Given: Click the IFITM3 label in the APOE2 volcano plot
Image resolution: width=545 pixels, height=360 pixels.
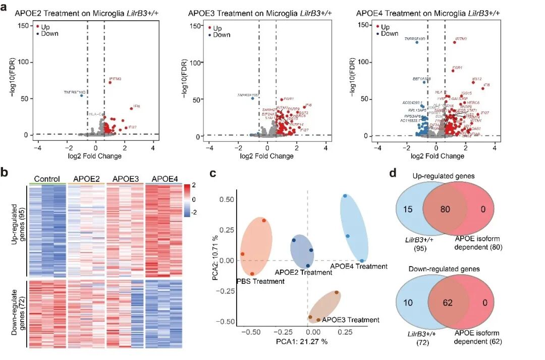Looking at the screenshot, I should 115,79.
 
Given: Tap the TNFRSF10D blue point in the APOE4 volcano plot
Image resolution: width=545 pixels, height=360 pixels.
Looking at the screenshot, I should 417,42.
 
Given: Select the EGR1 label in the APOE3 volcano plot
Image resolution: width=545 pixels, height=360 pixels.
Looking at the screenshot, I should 289,99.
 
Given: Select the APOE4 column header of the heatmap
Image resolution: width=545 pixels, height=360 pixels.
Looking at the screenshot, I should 163,179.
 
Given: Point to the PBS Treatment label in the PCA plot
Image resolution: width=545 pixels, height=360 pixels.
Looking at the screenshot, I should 260,281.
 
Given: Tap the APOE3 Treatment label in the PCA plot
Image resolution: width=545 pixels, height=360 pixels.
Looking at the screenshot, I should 350,319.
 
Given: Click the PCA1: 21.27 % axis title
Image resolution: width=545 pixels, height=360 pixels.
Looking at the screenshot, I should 302,342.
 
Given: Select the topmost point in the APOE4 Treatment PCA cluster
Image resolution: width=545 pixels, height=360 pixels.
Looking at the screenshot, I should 345,196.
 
